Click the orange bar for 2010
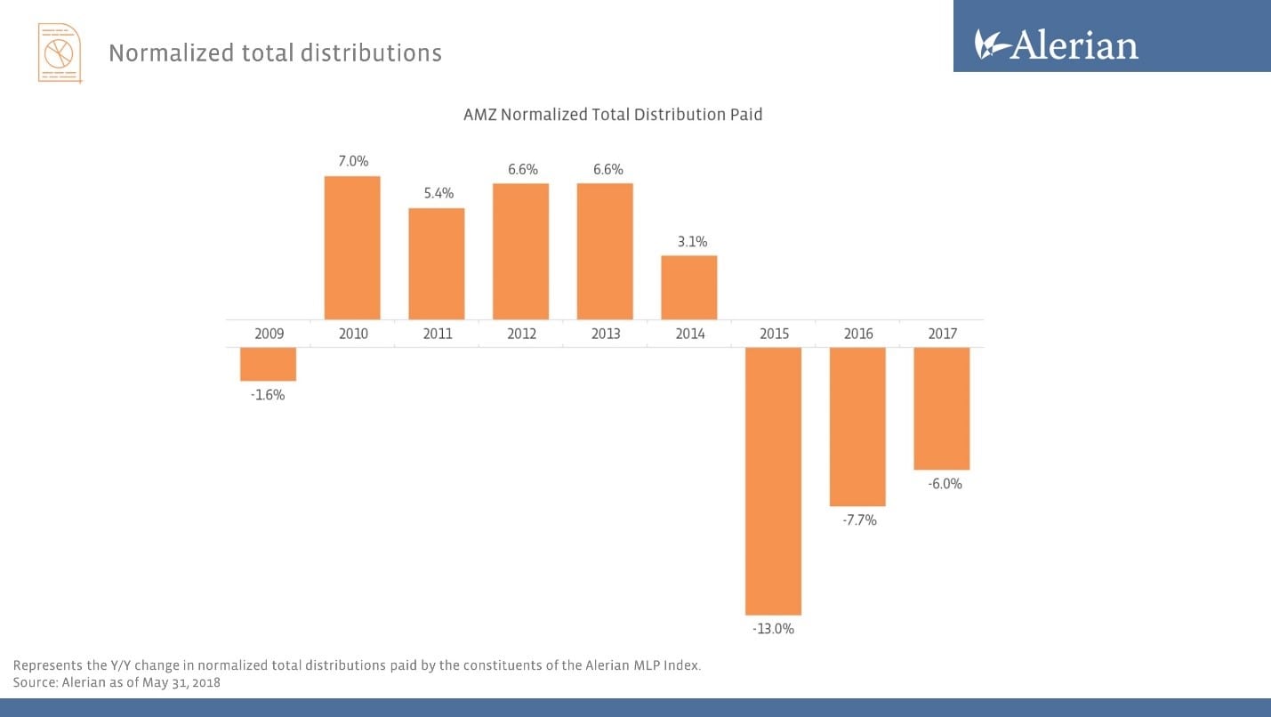352,247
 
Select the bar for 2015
773,480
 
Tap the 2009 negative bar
268,364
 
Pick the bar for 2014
688,287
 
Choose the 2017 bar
942,408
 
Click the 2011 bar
437,263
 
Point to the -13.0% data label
773,629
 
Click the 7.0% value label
352,161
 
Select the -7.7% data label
858,520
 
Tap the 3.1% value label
689,241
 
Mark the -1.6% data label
268,395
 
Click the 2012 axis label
521,334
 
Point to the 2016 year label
858,334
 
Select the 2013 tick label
606,334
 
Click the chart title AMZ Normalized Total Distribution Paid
613,115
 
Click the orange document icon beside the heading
60,53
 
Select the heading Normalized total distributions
275,53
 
